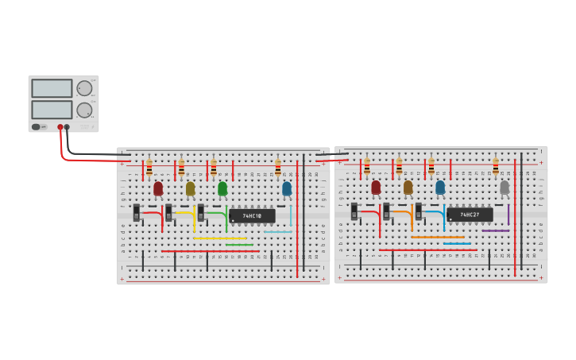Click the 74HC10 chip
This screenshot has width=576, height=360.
252,215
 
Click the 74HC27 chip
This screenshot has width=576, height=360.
470,214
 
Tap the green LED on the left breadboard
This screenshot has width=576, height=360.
222,188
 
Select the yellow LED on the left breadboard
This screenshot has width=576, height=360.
190,188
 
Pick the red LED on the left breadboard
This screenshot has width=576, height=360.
158,188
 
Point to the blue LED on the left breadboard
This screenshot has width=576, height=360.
287,188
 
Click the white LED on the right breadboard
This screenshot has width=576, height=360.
504,188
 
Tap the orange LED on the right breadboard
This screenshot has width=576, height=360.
408,188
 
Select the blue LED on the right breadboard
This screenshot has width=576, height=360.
440,188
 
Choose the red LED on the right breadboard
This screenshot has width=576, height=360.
376,188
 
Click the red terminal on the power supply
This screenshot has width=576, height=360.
60,127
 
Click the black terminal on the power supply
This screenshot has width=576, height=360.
68,127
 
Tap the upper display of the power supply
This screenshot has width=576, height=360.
52,88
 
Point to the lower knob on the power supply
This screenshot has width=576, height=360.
83,110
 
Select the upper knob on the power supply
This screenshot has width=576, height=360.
83,88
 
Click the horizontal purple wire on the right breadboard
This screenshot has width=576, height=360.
495,230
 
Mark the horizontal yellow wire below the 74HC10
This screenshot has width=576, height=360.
220,238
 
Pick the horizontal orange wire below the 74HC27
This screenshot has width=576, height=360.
438,237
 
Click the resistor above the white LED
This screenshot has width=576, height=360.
496,166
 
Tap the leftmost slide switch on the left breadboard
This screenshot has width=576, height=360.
137,212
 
